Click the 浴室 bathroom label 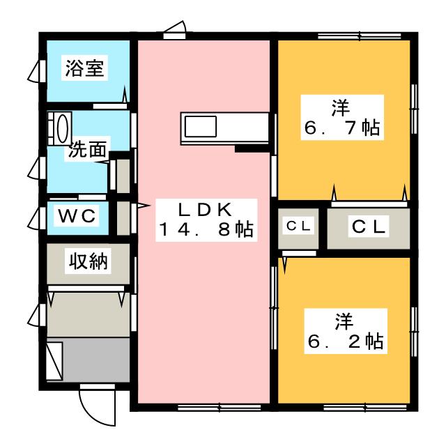(x=84, y=68)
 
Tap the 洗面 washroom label (x=87, y=149)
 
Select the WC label (x=77, y=216)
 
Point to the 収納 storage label (x=89, y=261)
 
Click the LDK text (x=205, y=210)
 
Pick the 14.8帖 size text (x=206, y=229)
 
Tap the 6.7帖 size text (x=342, y=128)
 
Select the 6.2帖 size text (x=346, y=341)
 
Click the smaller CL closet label (x=298, y=226)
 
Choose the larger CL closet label (x=369, y=226)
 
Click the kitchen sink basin (x=201, y=127)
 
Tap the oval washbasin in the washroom (x=63, y=128)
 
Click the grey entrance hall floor (x=95, y=360)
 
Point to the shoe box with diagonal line (x=54, y=361)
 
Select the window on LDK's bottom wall (x=220, y=408)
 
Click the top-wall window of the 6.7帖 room (x=360, y=36)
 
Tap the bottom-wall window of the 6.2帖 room (x=365, y=408)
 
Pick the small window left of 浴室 (x=43, y=71)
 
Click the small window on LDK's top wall (x=174, y=36)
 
